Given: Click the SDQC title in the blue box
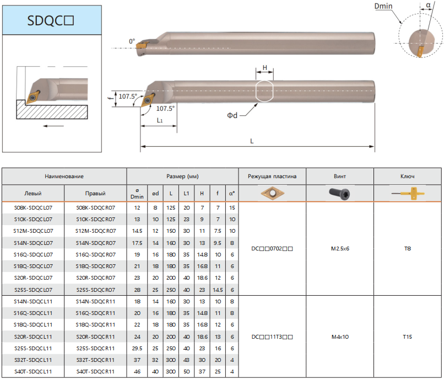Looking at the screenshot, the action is (x=50, y=20).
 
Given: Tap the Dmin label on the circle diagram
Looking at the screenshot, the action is (x=383, y=6).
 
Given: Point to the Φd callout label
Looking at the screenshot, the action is (x=232, y=115).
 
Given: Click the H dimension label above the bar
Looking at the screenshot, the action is (x=265, y=67).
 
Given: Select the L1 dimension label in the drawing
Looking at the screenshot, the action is (x=160, y=120).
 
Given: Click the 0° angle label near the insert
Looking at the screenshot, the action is (x=132, y=41).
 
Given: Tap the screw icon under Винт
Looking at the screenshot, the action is (x=339, y=194).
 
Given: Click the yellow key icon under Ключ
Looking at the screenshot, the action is (x=408, y=194).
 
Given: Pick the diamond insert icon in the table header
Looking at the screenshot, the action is (x=272, y=193).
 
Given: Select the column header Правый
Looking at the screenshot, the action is (x=95, y=194).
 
